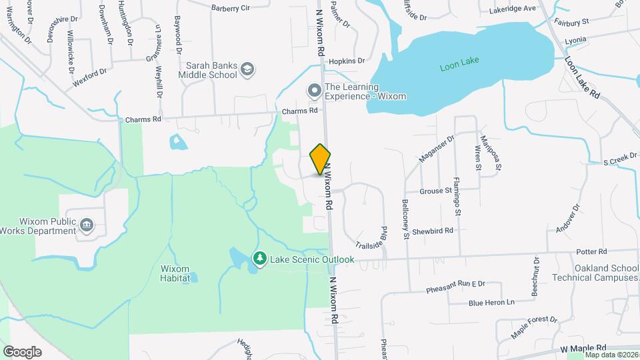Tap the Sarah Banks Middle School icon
coord(247,69)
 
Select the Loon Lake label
coord(459,67)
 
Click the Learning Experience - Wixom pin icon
coord(313,90)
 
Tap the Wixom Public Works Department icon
coord(86,225)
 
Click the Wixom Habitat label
coord(175,273)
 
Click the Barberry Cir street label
coord(230,8)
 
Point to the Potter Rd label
coord(593,251)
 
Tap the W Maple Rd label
coord(583,348)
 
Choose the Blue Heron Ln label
coord(492,302)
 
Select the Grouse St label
coord(436,191)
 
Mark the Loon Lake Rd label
coord(583,78)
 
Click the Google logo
coord(22,351)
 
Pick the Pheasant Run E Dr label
coord(456,286)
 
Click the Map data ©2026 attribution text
coord(612,355)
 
